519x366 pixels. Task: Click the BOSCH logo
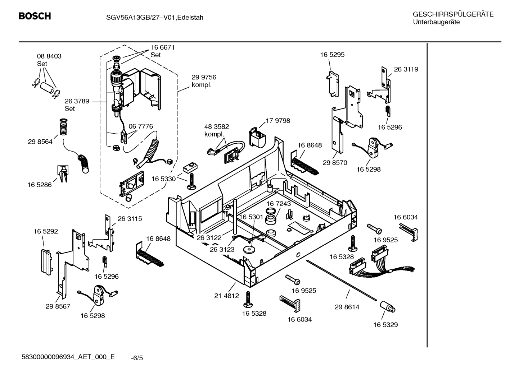35,16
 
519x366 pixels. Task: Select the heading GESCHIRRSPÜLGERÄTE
453,14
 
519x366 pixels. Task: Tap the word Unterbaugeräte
436,22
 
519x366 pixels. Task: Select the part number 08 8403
49,56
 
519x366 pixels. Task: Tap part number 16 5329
385,325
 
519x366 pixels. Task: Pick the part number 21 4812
226,296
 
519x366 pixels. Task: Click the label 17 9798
277,121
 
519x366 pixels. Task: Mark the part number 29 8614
347,307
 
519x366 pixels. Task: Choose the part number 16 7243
279,204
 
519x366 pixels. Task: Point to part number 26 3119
406,69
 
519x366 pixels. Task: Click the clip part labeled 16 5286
63,173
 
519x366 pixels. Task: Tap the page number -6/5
137,358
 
